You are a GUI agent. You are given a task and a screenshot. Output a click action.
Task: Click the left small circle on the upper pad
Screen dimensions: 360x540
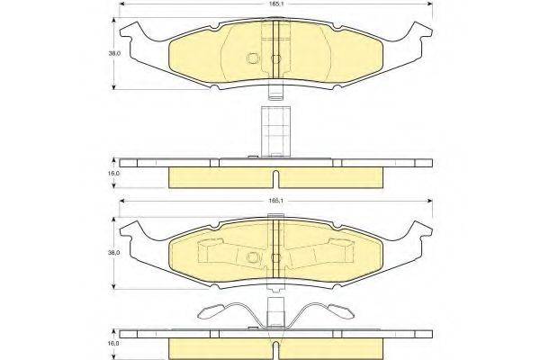253,60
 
